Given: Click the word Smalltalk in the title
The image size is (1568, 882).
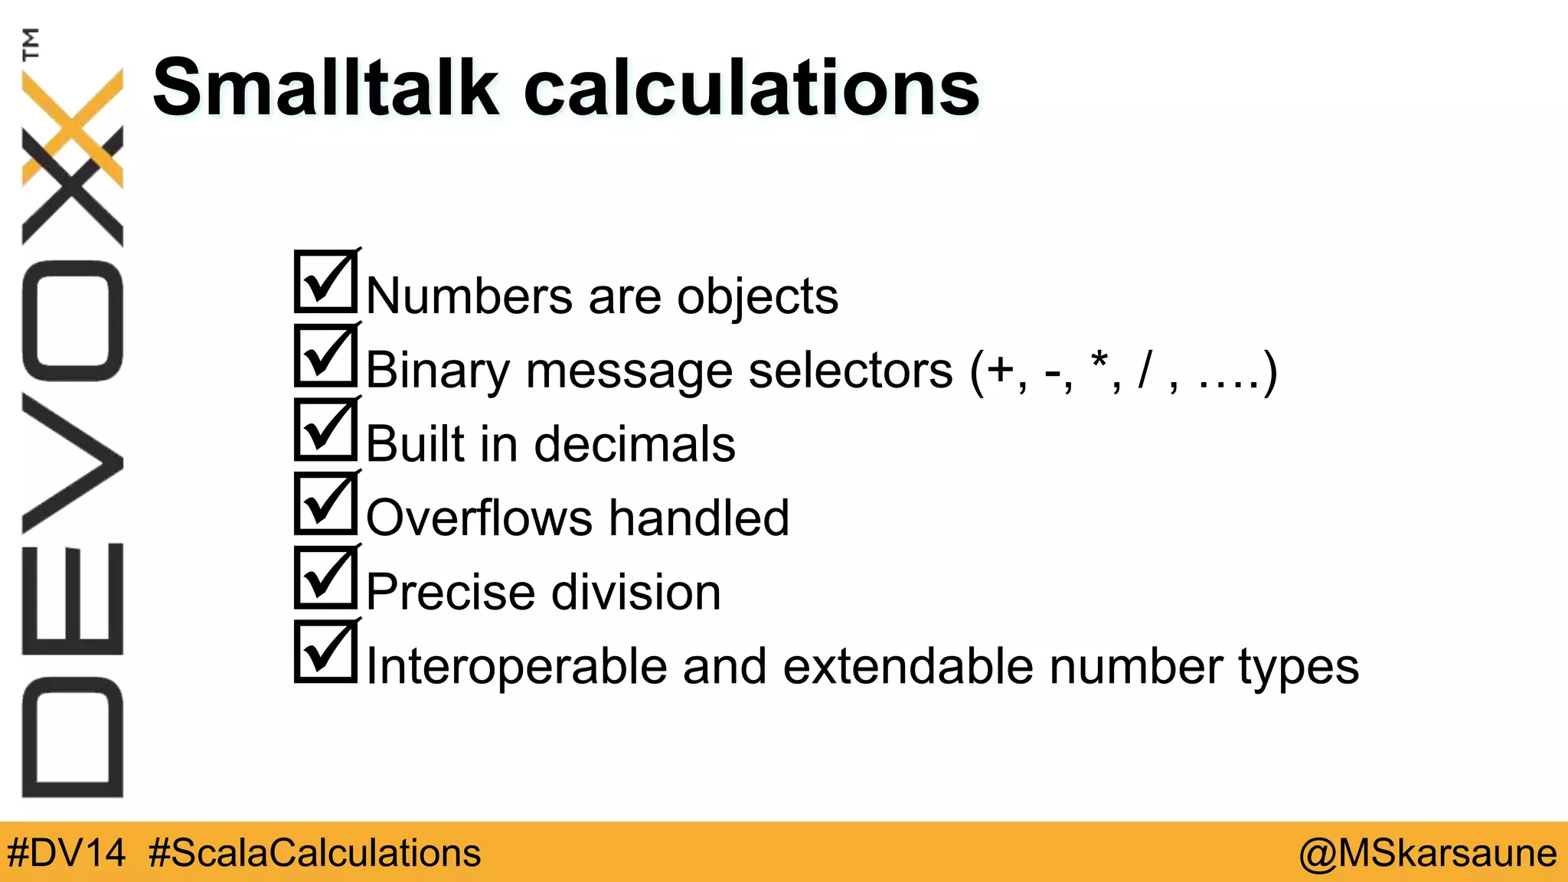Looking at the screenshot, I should [325, 88].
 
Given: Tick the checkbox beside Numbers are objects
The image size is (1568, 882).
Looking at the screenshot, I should [325, 282].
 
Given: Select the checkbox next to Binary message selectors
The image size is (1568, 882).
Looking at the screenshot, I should [325, 356].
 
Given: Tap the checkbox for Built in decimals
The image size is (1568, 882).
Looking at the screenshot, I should [325, 430].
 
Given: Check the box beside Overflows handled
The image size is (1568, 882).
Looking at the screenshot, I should [325, 503].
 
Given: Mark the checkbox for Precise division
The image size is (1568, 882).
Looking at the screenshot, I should [325, 577].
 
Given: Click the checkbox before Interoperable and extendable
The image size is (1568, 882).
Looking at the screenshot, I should [325, 652].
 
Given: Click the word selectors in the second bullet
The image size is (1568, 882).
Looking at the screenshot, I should [850, 371].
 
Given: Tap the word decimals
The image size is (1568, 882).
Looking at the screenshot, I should [634, 444].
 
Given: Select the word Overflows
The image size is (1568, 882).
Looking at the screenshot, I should [479, 518].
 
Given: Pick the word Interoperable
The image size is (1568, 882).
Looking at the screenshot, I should [516, 666].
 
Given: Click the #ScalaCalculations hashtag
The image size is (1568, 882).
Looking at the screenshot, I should [314, 853].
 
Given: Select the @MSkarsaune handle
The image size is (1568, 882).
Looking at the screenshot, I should [1427, 853].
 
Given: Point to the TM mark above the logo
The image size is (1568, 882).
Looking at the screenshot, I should [31, 44].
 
